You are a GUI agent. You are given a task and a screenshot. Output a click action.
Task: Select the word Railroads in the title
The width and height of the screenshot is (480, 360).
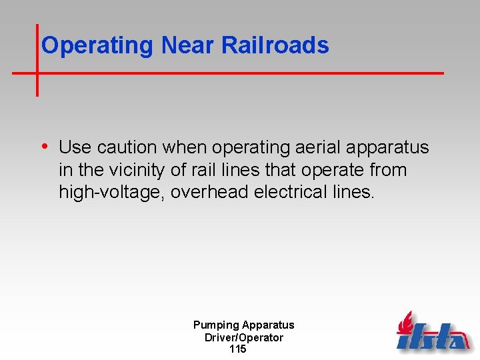pos(275,45)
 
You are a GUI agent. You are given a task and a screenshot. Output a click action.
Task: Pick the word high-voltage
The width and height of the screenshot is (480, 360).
pos(111,193)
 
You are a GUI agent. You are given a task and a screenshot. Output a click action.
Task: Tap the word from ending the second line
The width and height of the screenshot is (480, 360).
pos(387,170)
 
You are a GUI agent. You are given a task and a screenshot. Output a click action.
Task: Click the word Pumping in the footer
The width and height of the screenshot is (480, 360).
pos(216,325)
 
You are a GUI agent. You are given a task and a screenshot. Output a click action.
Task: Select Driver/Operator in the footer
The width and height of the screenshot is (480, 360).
pos(243,337)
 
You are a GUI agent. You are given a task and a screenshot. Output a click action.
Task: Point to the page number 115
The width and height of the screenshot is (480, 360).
pos(237,349)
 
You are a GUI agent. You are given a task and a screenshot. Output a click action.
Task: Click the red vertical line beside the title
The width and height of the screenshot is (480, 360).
pos(37,60)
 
